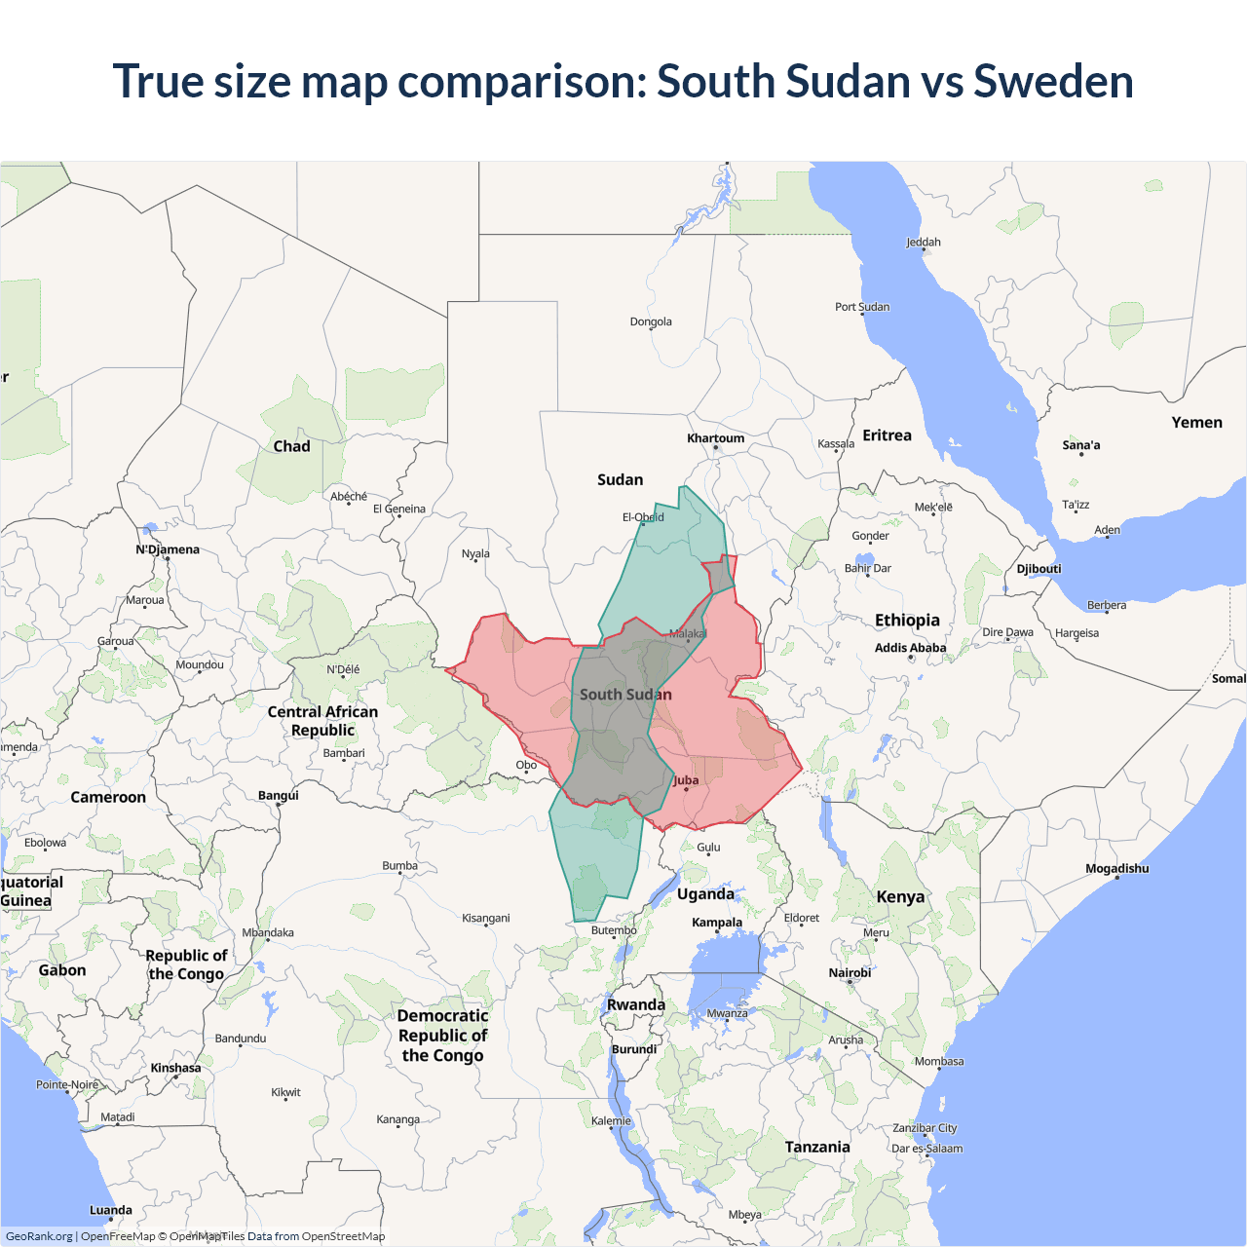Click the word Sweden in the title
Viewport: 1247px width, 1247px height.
(x=1053, y=81)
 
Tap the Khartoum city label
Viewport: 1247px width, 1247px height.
(x=715, y=438)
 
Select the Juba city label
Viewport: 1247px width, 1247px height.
(x=686, y=780)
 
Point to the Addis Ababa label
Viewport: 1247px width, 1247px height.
(x=910, y=648)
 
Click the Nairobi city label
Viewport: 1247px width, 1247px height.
(x=850, y=972)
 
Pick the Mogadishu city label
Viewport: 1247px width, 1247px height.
(x=1116, y=868)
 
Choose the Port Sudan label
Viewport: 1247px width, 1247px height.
(x=861, y=307)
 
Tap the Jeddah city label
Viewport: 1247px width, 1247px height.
(x=923, y=242)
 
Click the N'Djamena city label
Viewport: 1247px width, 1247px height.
(x=168, y=549)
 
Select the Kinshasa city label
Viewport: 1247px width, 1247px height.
(x=175, y=1068)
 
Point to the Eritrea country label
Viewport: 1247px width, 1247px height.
(x=887, y=435)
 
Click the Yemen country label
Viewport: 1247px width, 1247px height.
(x=1196, y=422)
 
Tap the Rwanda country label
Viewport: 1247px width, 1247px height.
(x=636, y=1004)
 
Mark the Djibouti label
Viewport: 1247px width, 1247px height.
(x=1039, y=569)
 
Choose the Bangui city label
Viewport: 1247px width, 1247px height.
(x=279, y=795)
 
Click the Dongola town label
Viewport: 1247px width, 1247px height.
(x=651, y=321)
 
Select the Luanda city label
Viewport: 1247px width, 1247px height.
(x=111, y=1210)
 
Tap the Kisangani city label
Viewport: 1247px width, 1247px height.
(x=485, y=918)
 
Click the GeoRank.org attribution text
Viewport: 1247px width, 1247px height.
(x=39, y=1236)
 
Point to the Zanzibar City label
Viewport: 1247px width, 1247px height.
(x=925, y=1128)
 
